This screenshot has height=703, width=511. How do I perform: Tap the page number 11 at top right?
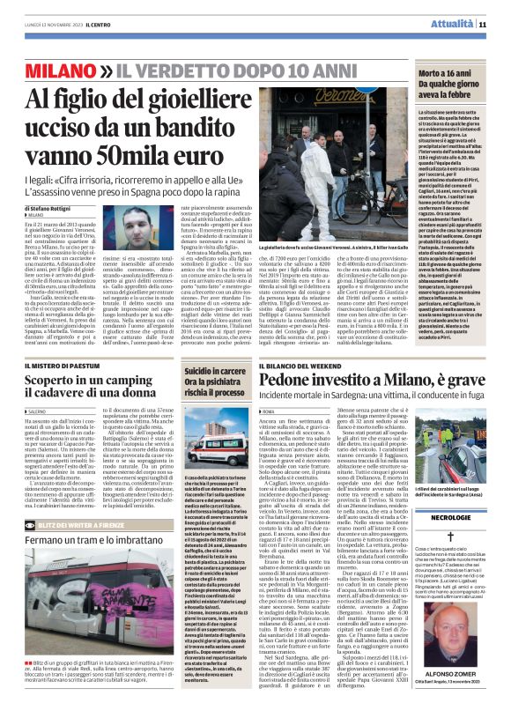[484, 24]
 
